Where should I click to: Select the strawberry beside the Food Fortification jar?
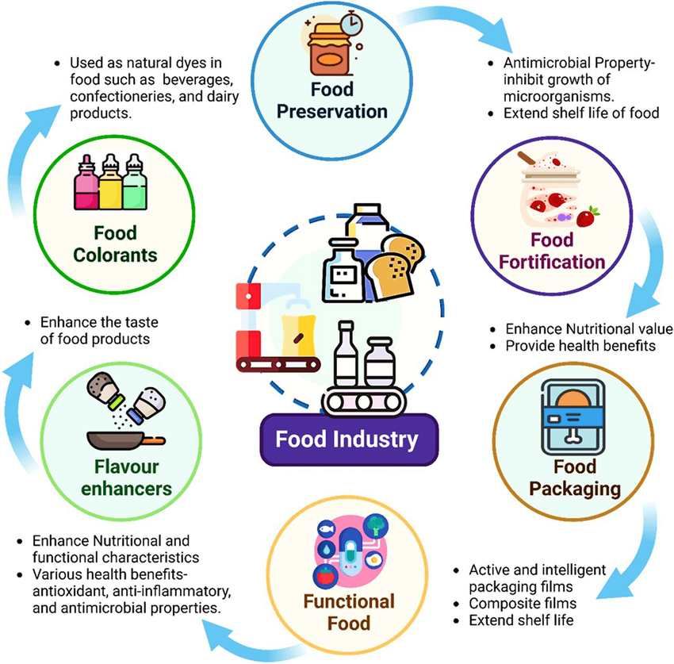tap(588, 216)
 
